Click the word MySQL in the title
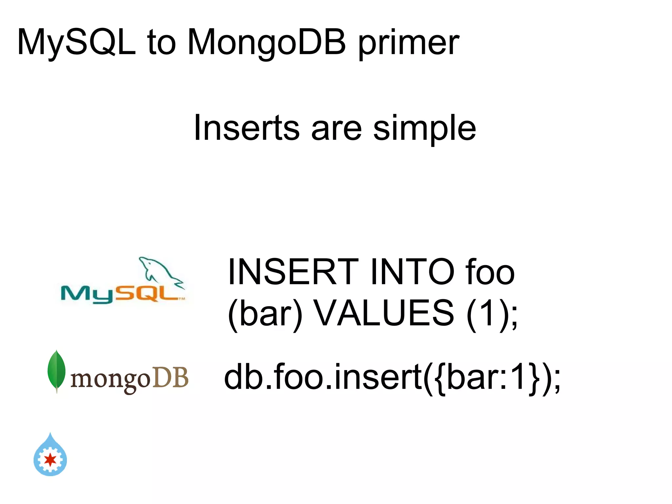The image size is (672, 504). point(76,43)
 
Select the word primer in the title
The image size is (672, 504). point(409,44)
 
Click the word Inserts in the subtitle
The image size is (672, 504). point(246,128)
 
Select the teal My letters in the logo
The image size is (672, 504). point(87,294)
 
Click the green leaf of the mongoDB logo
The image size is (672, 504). point(56,370)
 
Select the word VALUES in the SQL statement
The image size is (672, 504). point(384,313)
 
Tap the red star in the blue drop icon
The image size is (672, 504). point(50,460)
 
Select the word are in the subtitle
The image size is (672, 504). point(336,129)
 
